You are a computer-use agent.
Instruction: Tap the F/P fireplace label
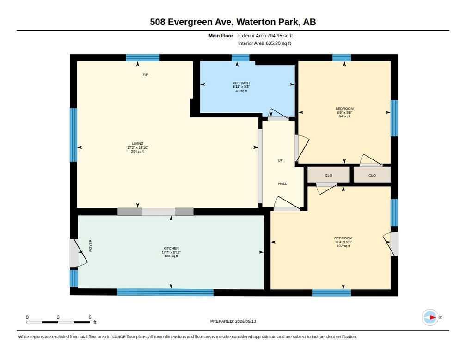click(x=145, y=75)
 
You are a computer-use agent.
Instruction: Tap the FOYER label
click(x=90, y=246)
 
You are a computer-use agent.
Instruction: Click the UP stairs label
click(x=280, y=160)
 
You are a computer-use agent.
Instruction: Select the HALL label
click(x=282, y=183)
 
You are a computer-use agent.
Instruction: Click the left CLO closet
click(x=329, y=175)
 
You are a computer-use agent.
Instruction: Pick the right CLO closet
click(x=372, y=175)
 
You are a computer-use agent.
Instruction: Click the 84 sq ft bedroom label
click(x=344, y=112)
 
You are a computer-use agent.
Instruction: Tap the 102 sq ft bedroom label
click(x=343, y=242)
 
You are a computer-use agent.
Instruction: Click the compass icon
click(x=430, y=317)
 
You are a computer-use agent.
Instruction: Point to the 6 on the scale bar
click(x=90, y=317)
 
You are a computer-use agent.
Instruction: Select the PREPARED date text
click(x=233, y=321)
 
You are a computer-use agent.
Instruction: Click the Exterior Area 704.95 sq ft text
click(x=265, y=36)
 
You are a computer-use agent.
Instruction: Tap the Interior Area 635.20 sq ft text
click(x=264, y=43)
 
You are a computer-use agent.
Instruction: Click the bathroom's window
click(x=240, y=58)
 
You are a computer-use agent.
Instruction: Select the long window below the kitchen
click(x=165, y=292)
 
